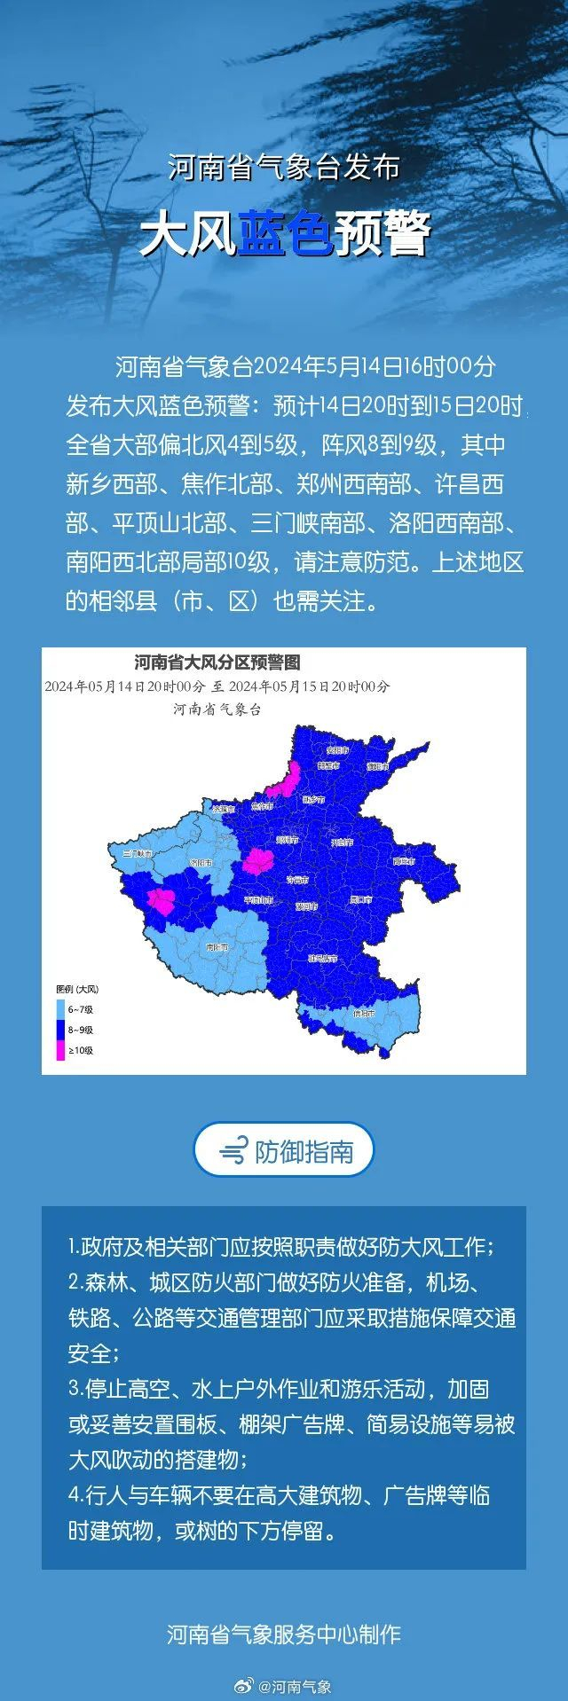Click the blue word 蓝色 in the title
point(285,234)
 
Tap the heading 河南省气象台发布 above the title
point(284,168)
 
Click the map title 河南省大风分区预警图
point(217,662)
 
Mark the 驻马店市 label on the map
point(322,958)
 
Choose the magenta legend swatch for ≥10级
point(61,1051)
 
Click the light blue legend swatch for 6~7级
point(61,1009)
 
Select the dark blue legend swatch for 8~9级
point(61,1030)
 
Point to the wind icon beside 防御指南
point(233,1151)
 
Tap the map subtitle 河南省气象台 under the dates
point(217,709)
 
